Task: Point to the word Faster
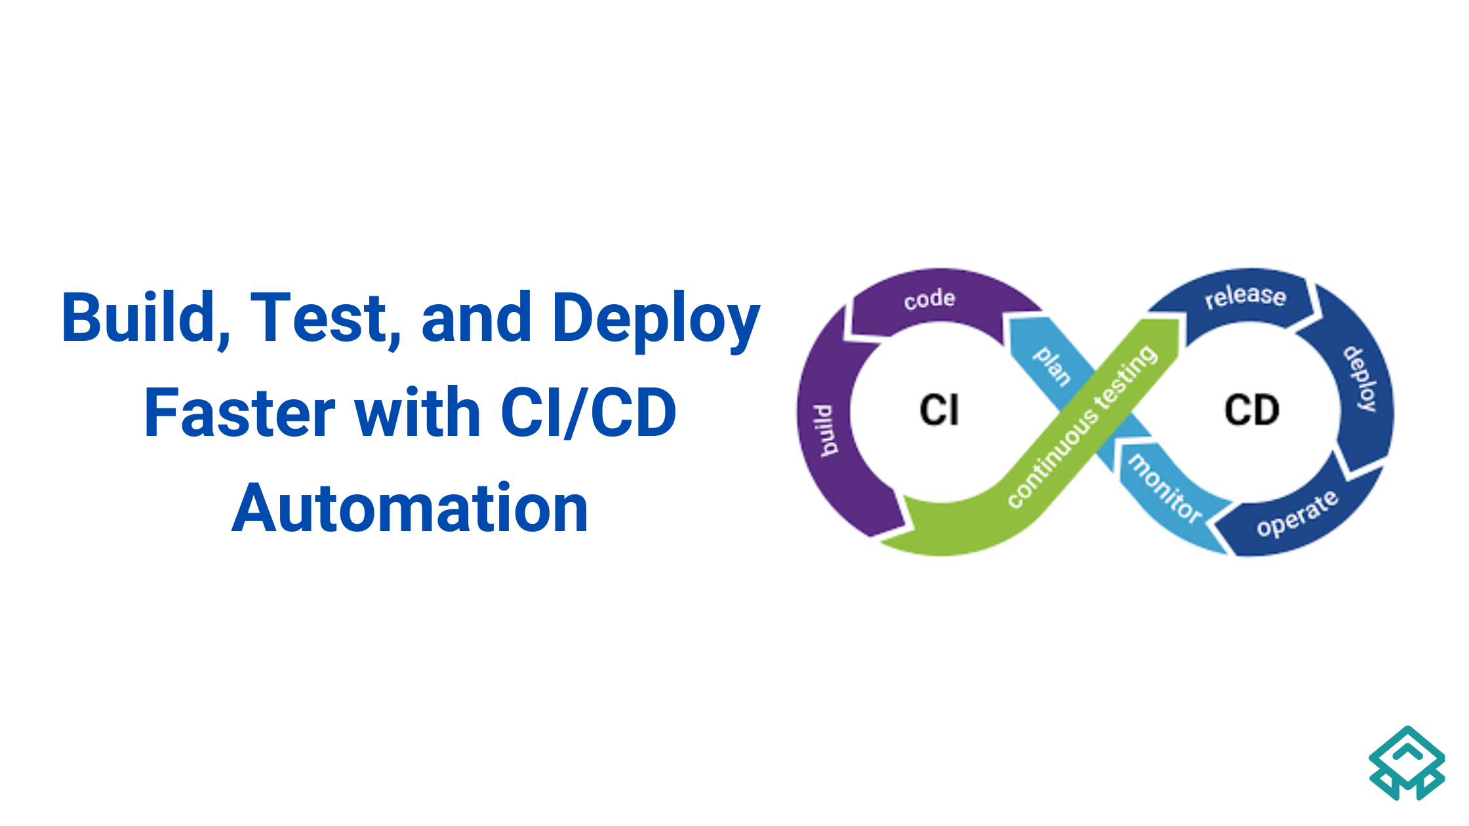(239, 413)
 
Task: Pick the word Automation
(410, 509)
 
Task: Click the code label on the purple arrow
(929, 300)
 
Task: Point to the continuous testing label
(1082, 427)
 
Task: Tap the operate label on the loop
(1297, 513)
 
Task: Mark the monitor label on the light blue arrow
(1165, 489)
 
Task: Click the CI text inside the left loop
(939, 410)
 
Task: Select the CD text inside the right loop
(1251, 410)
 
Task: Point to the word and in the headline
(476, 318)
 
